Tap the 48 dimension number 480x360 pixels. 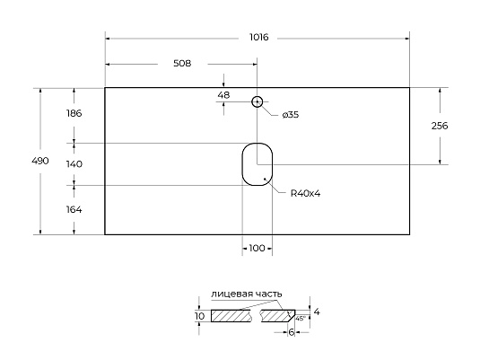(x=224, y=94)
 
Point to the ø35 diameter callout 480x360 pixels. (x=290, y=115)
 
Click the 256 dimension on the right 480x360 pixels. (x=440, y=126)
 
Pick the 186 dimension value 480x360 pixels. (x=74, y=114)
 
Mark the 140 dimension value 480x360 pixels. (x=74, y=164)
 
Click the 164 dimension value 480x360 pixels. (x=74, y=209)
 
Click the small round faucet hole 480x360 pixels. (x=257, y=102)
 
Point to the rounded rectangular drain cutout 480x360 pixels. (x=257, y=163)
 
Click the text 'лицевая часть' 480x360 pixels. (x=247, y=294)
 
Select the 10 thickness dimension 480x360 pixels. (x=199, y=316)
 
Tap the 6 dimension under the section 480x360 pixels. (x=292, y=332)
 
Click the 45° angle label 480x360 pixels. (x=301, y=318)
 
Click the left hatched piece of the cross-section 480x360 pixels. (x=232, y=316)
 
